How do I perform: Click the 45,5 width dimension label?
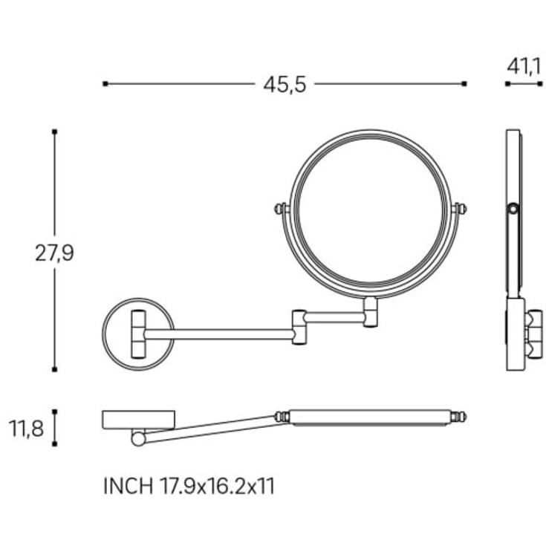285,85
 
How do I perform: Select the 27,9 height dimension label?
54,253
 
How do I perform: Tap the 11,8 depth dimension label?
26,429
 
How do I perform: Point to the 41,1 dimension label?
524,67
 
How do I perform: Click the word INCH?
128,486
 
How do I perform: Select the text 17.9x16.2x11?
217,486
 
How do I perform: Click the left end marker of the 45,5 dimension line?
105,83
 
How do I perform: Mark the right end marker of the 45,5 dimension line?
464,83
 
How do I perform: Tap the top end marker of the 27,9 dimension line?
54,131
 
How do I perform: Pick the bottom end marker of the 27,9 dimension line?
54,369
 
